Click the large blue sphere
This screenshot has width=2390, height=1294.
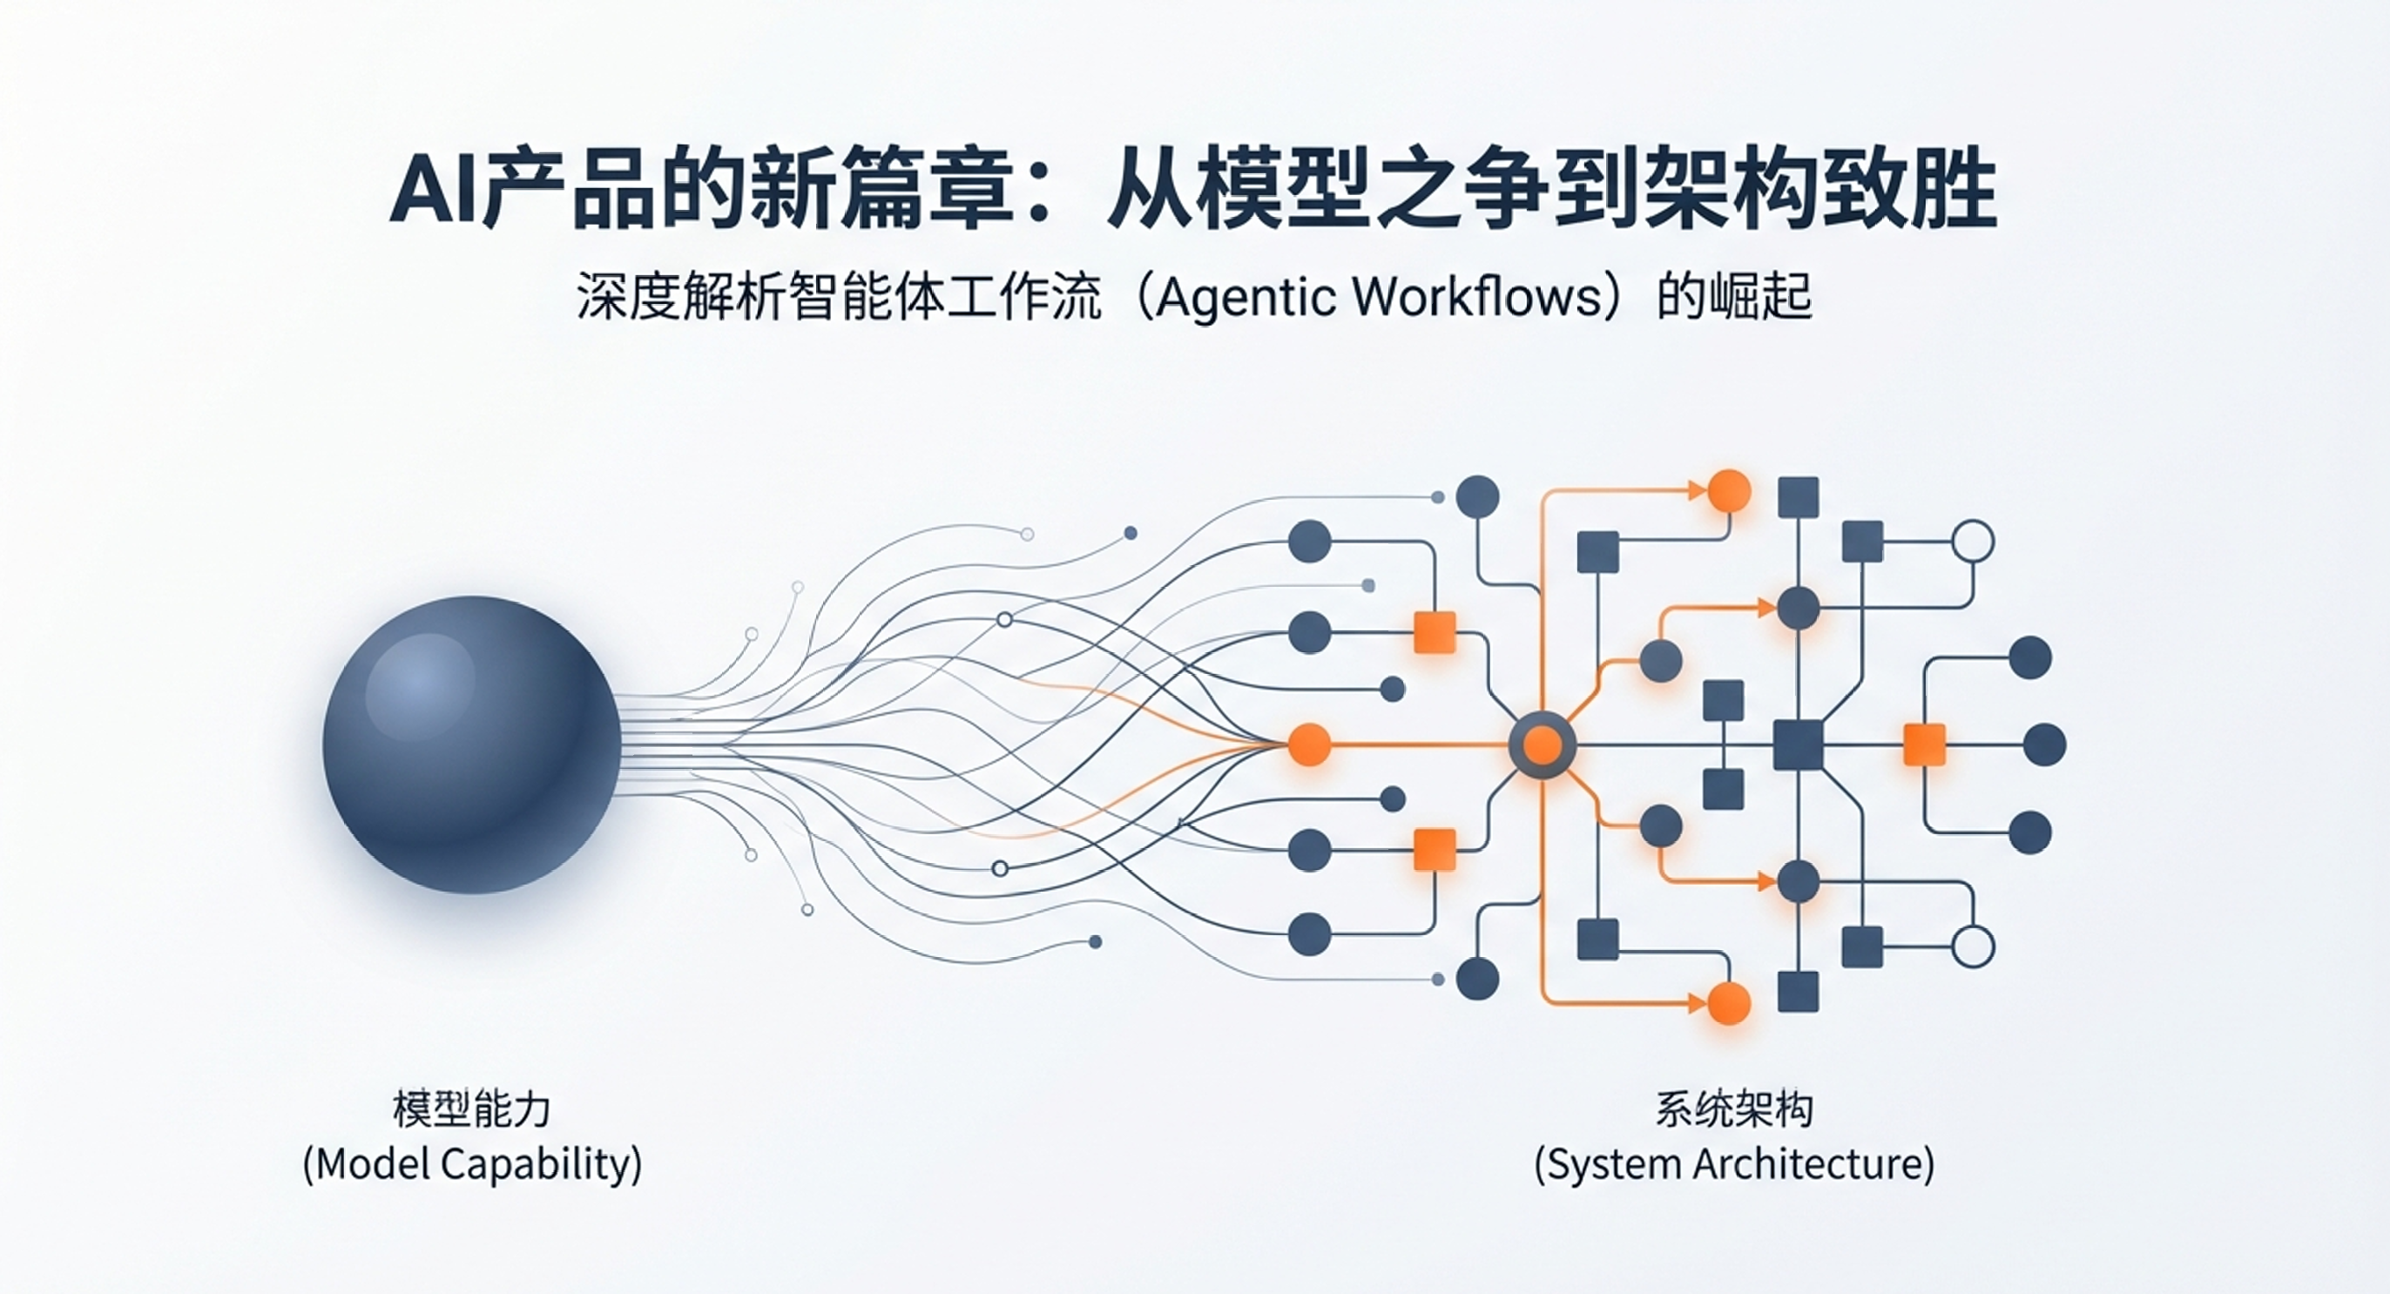coord(471,745)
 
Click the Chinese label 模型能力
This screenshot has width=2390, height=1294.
coord(472,1109)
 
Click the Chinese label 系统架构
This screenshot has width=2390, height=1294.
coord(1734,1109)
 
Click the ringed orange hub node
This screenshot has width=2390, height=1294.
coord(1542,745)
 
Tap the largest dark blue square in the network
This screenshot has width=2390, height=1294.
coord(1798,745)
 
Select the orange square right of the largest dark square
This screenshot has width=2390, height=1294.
coord(1924,745)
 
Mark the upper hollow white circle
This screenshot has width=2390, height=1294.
coord(1973,543)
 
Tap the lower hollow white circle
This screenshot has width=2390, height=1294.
coord(1973,947)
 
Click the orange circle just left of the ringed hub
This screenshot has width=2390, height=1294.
coord(1310,745)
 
